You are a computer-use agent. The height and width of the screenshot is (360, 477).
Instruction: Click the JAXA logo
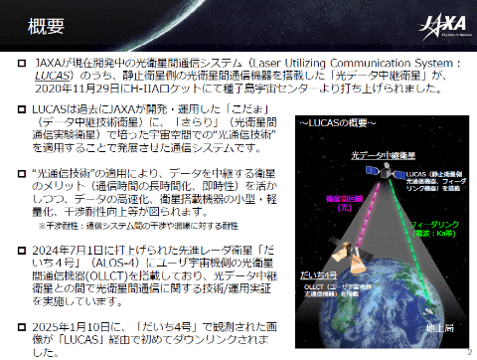pos(439,23)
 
